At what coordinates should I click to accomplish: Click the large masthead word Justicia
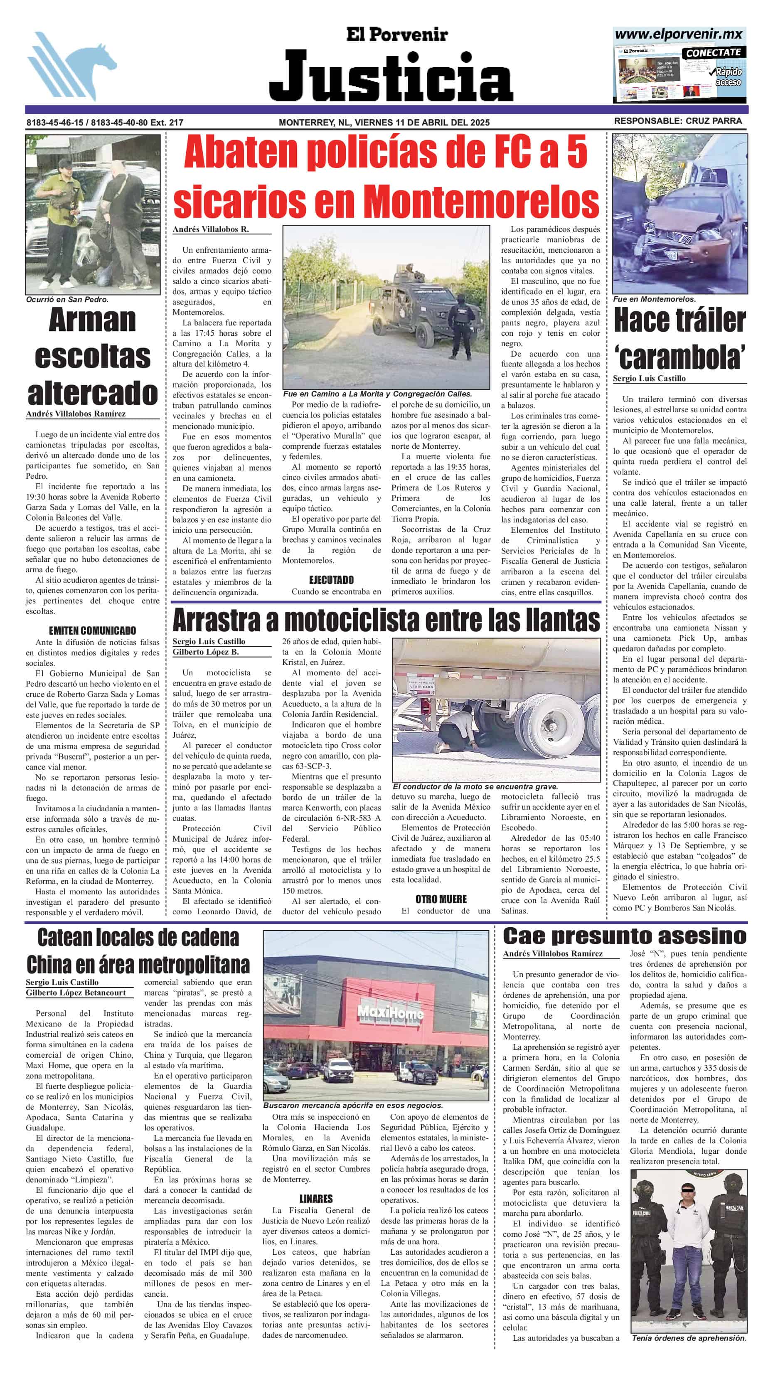(391, 76)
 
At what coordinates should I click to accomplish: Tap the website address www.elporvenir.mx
(679, 34)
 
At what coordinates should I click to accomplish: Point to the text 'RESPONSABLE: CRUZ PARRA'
(677, 121)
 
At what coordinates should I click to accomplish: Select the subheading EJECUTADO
(331, 580)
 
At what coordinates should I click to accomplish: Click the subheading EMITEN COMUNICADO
(92, 630)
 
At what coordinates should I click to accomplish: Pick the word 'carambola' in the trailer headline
(680, 357)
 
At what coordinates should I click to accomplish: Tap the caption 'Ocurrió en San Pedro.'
(67, 300)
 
